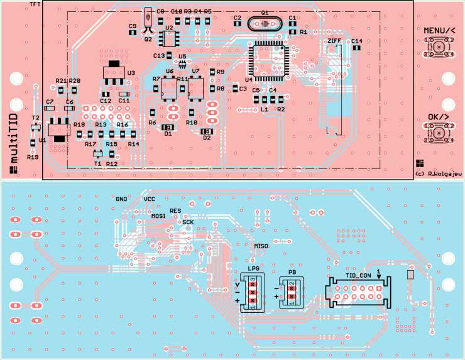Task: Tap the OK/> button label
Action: [438, 117]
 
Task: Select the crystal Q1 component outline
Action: [265, 23]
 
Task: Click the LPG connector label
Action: [253, 268]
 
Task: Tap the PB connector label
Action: [292, 272]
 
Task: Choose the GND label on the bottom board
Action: [121, 198]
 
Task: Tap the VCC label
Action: [150, 199]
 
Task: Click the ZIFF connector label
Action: [336, 41]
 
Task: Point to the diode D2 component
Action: [205, 131]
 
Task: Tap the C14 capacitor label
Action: [357, 41]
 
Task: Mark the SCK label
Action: [188, 222]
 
